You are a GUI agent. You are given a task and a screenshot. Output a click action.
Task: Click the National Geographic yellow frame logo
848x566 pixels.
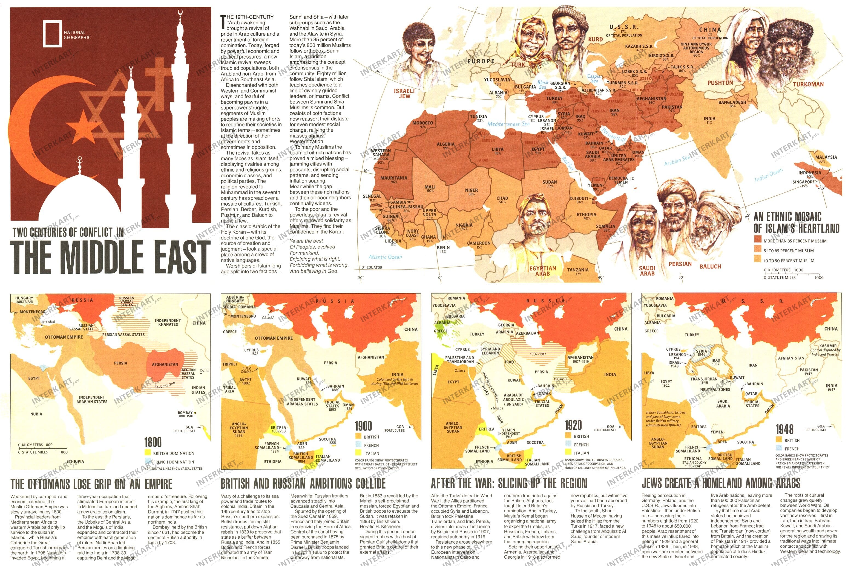52,34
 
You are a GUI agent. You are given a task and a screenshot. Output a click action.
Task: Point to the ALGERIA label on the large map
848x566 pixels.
446,145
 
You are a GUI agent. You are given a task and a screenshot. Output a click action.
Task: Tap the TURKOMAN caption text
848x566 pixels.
808,85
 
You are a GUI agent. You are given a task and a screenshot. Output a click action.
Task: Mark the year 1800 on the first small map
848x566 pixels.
153,442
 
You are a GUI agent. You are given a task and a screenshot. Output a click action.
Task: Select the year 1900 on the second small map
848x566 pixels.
363,426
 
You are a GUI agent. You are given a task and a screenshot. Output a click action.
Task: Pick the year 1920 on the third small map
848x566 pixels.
573,425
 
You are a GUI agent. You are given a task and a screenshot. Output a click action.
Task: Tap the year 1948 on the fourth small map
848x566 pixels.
784,429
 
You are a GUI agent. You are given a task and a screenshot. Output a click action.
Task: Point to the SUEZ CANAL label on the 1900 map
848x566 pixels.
247,370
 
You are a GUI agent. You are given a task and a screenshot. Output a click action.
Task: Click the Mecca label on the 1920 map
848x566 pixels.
498,408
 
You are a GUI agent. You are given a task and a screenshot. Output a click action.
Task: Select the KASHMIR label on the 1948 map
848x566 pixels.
828,346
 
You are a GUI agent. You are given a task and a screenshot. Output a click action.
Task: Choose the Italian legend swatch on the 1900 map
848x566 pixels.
358,453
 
